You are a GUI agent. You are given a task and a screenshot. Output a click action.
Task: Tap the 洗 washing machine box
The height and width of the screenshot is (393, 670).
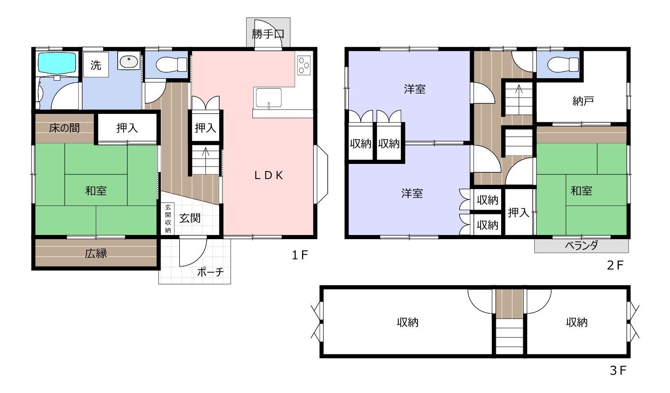click(x=96, y=65)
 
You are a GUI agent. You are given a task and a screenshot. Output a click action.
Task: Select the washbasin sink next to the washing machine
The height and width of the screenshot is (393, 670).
click(x=129, y=62)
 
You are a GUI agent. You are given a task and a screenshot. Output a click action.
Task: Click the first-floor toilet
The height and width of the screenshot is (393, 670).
click(x=171, y=65)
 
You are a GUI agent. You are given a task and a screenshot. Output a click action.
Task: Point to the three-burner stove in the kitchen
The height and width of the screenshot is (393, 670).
click(x=304, y=65)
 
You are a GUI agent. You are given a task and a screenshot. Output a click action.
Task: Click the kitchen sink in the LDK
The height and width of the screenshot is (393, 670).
click(x=268, y=98)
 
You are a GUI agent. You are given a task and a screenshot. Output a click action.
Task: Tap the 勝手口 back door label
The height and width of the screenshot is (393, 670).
click(x=268, y=34)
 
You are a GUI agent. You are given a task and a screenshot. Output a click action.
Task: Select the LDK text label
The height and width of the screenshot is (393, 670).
click(x=268, y=175)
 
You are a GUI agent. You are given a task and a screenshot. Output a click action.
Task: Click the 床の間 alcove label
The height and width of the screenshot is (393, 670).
click(x=64, y=128)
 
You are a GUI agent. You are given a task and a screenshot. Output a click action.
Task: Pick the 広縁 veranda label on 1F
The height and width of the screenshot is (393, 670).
click(x=96, y=253)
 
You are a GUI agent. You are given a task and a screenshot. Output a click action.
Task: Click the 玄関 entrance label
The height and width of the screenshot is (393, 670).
click(x=190, y=218)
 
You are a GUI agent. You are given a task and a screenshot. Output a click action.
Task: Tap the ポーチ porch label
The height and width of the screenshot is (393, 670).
click(x=210, y=272)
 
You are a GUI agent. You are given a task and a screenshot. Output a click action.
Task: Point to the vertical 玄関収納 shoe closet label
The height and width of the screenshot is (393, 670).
click(x=168, y=219)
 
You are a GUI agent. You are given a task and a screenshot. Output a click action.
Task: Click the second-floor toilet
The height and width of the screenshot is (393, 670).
click(x=562, y=65)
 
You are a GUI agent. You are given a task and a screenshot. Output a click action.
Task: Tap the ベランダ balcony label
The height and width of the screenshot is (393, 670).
click(x=581, y=245)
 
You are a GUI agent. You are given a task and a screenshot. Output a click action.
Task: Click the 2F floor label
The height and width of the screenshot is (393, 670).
click(x=615, y=265)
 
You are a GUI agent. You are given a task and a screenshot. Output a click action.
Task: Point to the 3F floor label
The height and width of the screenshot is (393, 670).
click(x=618, y=371)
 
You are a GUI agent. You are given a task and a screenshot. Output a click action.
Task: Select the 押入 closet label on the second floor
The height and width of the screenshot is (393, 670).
click(x=519, y=213)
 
